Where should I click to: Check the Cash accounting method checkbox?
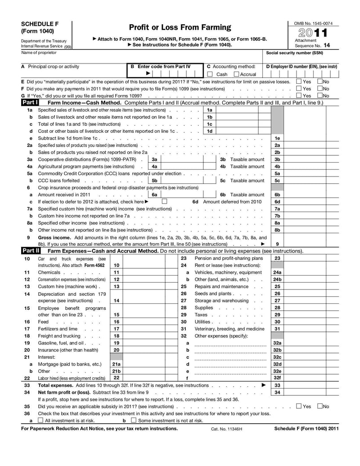click(x=210, y=74)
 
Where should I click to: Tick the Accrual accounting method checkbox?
click(x=237, y=74)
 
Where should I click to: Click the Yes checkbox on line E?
click(x=299, y=81)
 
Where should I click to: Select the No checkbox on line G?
click(x=320, y=95)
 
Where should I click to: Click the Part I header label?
click(x=30, y=103)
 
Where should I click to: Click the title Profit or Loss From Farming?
click(x=180, y=27)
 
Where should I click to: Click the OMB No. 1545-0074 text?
click(x=313, y=23)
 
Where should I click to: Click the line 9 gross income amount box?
click(x=311, y=244)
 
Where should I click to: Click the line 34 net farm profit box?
click(x=311, y=393)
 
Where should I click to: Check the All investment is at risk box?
click(x=40, y=421)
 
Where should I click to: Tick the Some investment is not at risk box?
click(x=133, y=421)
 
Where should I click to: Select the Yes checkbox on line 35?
click(x=299, y=406)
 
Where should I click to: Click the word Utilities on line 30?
click(x=202, y=322)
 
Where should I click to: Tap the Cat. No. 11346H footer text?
click(x=226, y=429)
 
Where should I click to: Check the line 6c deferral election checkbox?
click(x=164, y=201)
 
